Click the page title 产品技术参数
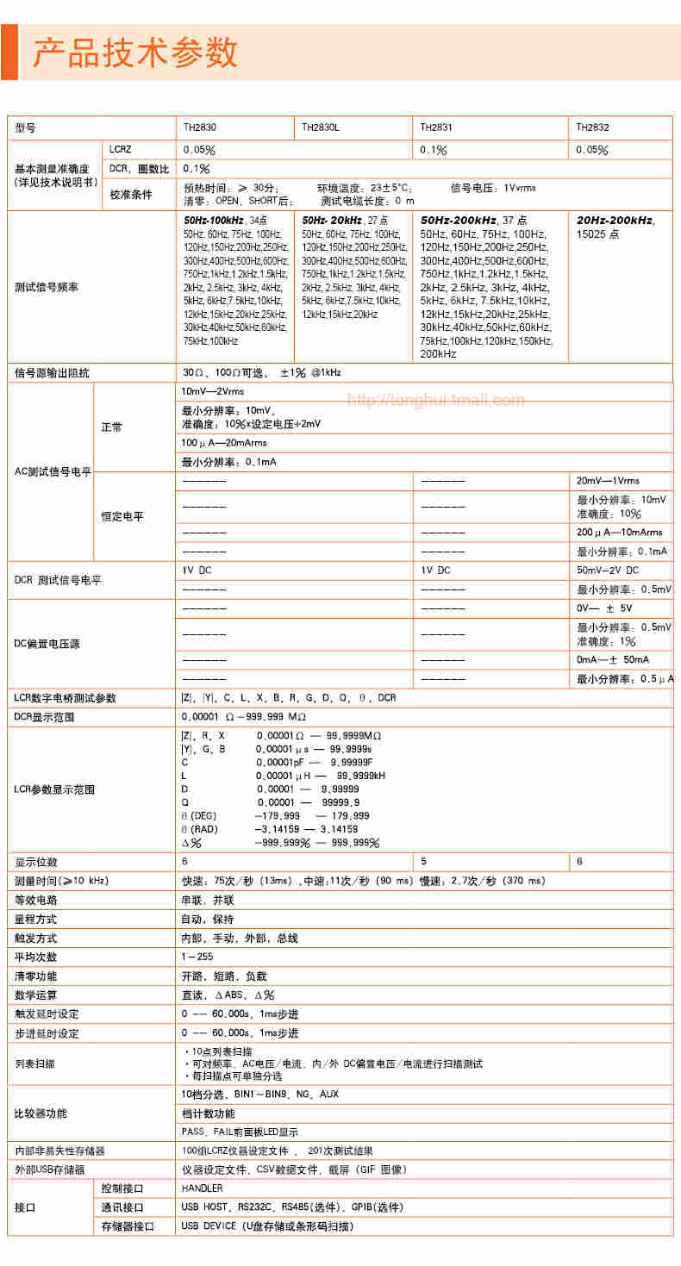(135, 53)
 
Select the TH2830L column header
(321, 127)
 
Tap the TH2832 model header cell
(592, 127)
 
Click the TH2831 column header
(436, 127)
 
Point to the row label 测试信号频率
(47, 287)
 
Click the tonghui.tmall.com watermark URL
(435, 400)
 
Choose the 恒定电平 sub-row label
(122, 517)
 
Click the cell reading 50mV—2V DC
(608, 571)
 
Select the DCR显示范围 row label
(45, 716)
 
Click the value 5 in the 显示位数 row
(423, 862)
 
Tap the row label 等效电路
(36, 900)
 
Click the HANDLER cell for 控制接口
(202, 1188)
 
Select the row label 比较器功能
(41, 1113)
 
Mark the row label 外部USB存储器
(50, 1169)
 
